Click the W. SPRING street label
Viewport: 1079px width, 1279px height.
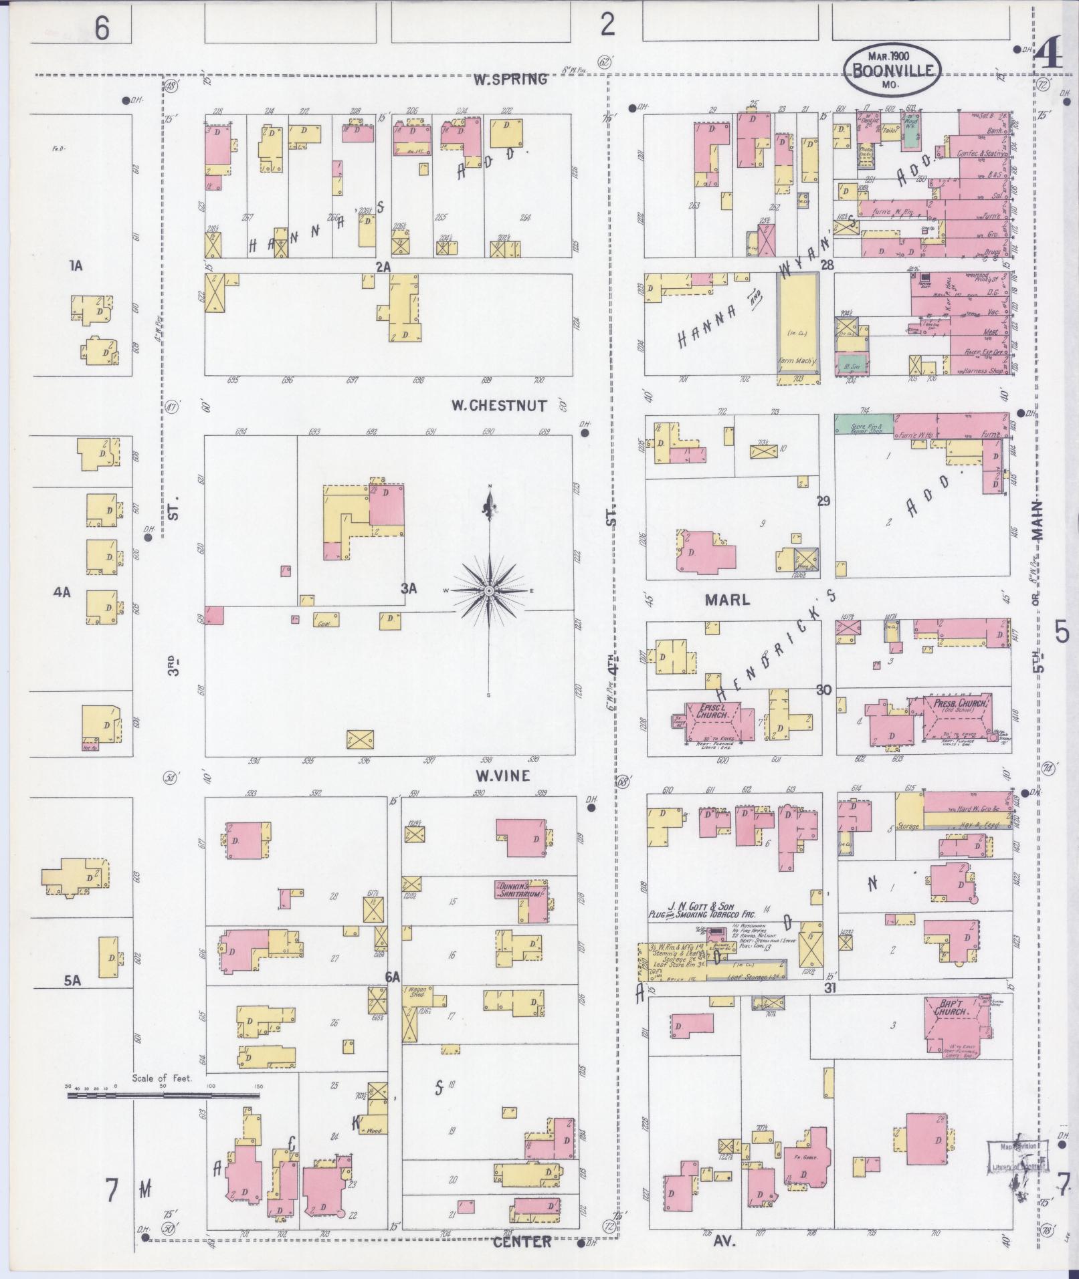pyautogui.click(x=510, y=80)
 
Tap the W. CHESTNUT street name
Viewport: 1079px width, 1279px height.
pyautogui.click(x=498, y=405)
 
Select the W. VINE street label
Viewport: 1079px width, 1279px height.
pyautogui.click(x=502, y=776)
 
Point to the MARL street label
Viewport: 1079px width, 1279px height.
pyautogui.click(x=727, y=600)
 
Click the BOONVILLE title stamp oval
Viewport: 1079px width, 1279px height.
pyautogui.click(x=892, y=71)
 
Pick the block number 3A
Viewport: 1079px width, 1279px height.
pyautogui.click(x=408, y=588)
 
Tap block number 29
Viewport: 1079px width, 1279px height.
pyautogui.click(x=823, y=500)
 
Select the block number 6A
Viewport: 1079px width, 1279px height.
pyautogui.click(x=393, y=977)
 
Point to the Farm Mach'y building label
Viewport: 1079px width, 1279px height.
pyautogui.click(x=797, y=362)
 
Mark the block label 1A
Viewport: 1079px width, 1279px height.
pyautogui.click(x=75, y=266)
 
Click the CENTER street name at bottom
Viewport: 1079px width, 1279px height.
pyautogui.click(x=522, y=1242)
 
